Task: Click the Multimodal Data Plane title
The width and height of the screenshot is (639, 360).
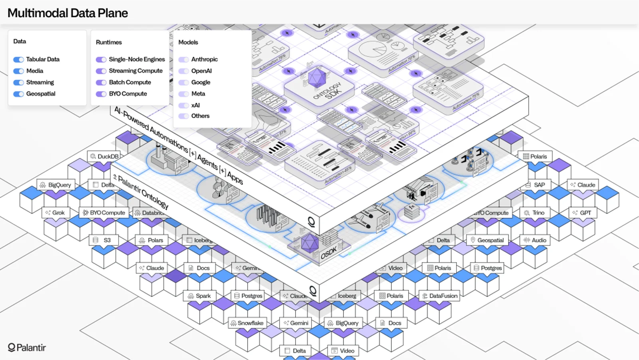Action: click(68, 13)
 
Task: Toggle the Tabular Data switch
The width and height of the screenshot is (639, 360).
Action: click(18, 60)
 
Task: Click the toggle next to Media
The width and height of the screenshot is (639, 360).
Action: click(18, 71)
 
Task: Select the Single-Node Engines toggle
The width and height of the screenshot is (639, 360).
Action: click(101, 60)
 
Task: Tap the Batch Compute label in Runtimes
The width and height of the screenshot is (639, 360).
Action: click(130, 82)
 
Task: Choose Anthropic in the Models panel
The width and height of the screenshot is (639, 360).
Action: click(204, 60)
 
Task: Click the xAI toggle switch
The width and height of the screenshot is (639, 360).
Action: click(184, 105)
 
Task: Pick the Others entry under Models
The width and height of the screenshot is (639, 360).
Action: click(200, 116)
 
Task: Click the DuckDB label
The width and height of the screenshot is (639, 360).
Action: click(104, 156)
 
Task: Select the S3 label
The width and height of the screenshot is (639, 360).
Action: click(103, 240)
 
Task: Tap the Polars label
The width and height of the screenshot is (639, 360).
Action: click(151, 240)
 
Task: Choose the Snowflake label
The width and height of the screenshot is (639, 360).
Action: click(247, 323)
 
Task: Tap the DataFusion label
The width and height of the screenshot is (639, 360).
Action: click(439, 296)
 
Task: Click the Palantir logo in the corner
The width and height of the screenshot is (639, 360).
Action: click(27, 348)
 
